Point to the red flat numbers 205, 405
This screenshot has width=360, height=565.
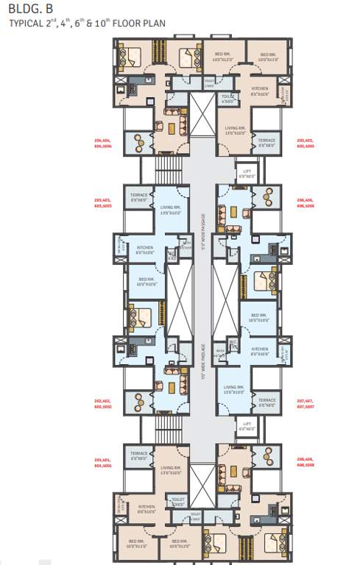point(305,141)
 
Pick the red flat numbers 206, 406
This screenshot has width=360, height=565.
point(305,202)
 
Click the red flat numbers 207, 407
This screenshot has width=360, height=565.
point(305,402)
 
